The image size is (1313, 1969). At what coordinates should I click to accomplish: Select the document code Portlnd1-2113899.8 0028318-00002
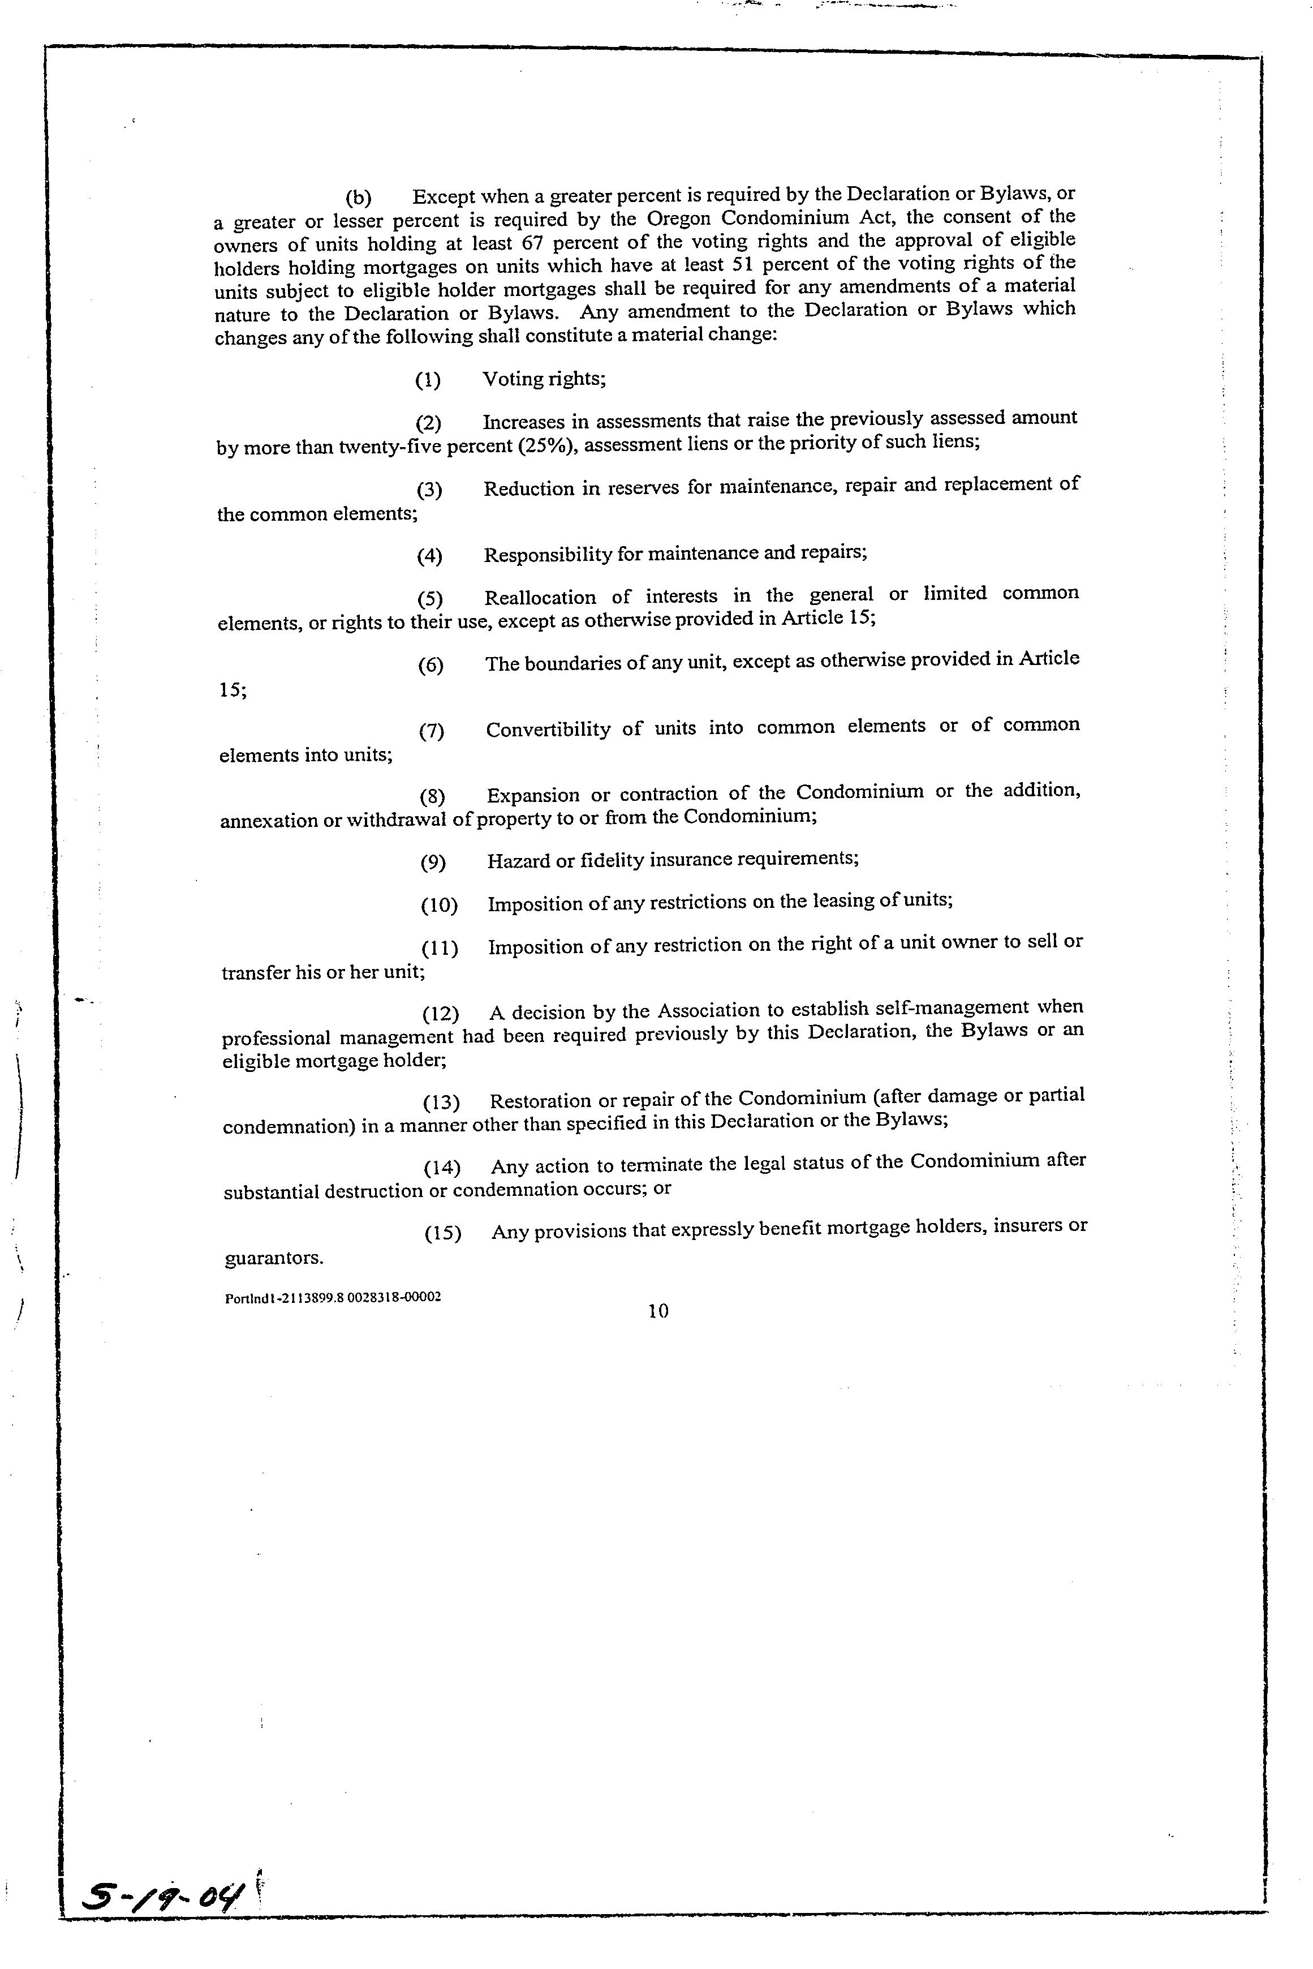click(x=333, y=1298)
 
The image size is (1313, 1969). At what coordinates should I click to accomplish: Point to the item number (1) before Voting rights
click(x=428, y=380)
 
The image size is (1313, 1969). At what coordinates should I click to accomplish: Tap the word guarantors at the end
click(x=273, y=1258)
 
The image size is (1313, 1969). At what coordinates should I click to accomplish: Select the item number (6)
click(x=431, y=665)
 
